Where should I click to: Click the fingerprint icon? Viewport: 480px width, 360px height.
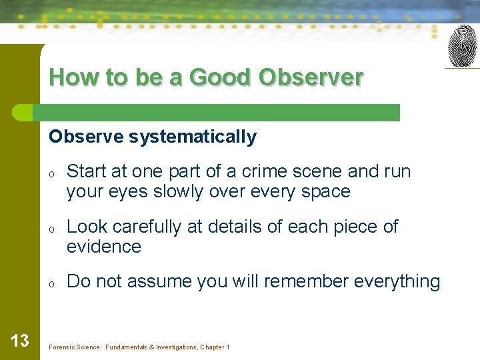[x=463, y=46]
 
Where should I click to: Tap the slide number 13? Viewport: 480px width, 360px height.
[x=20, y=341]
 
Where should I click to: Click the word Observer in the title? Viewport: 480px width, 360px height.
[x=311, y=77]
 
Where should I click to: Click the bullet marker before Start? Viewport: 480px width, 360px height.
[x=51, y=173]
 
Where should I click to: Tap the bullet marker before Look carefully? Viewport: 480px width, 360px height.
[x=51, y=228]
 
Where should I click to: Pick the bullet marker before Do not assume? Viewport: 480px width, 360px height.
[x=51, y=283]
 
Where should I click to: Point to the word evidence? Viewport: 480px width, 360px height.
[x=104, y=247]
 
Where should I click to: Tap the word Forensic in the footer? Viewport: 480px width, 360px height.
[x=63, y=347]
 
